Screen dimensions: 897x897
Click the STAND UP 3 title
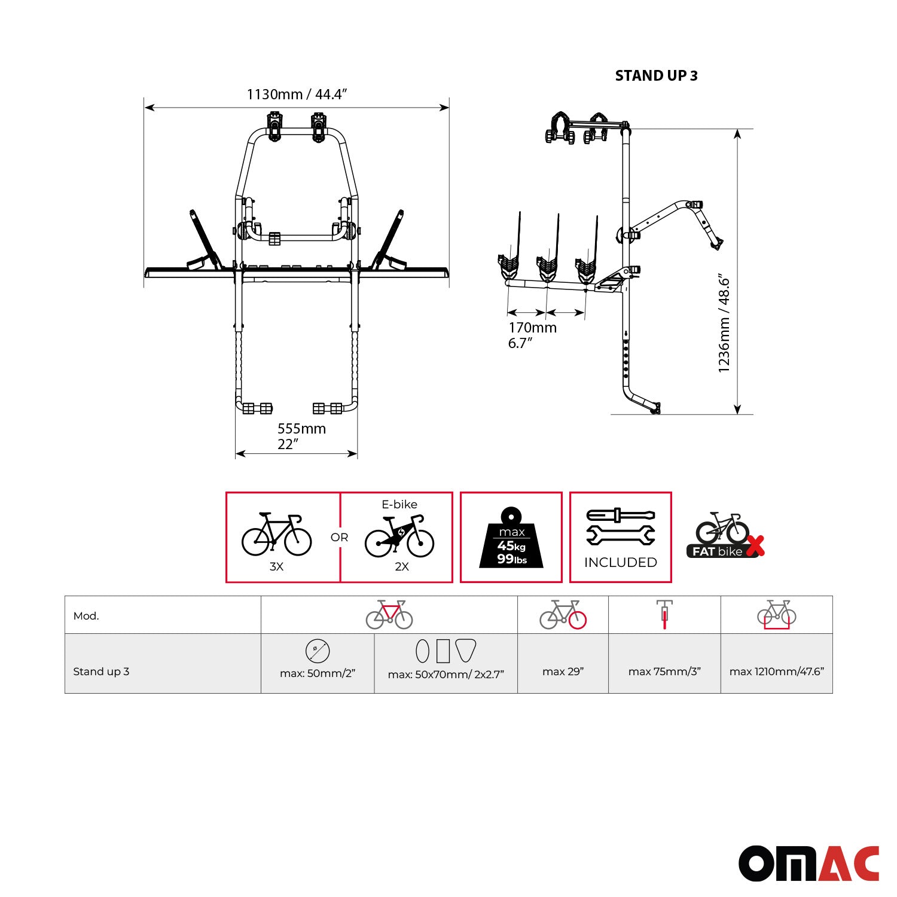click(x=656, y=76)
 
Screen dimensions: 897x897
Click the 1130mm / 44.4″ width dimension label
click(x=297, y=94)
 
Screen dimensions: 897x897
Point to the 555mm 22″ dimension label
click(x=301, y=436)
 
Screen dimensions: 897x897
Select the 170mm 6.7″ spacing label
click(x=532, y=335)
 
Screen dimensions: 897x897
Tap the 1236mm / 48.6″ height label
click(x=724, y=324)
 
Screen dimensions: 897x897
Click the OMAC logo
click(x=808, y=863)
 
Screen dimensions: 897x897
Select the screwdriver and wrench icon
click(x=620, y=527)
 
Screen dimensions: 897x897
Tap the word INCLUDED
click(x=620, y=562)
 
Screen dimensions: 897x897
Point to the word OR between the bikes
click(x=339, y=537)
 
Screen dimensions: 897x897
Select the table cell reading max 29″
click(x=563, y=672)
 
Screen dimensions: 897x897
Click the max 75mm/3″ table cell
click(x=664, y=672)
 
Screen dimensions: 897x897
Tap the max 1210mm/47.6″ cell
click(x=776, y=672)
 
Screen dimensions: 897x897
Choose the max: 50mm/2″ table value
click(x=318, y=673)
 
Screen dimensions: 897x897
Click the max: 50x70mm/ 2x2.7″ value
click(x=446, y=674)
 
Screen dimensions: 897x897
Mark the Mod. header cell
click(x=86, y=616)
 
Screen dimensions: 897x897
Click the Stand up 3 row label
click(x=101, y=672)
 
